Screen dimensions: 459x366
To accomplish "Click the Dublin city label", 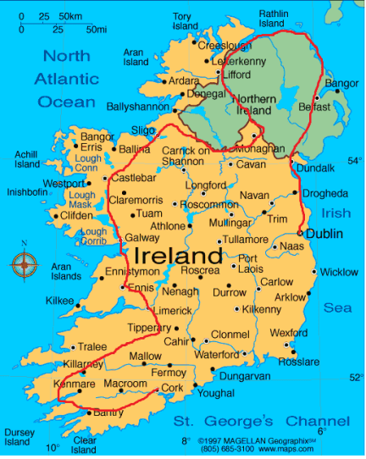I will click(x=325, y=234).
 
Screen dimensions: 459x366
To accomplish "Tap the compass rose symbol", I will click(x=24, y=264).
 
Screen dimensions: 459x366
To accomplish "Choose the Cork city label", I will click(x=172, y=387).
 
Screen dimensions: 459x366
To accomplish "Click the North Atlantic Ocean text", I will click(x=65, y=80).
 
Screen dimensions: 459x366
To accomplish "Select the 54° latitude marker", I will click(x=353, y=160).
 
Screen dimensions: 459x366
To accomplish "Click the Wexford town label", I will click(x=288, y=333).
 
